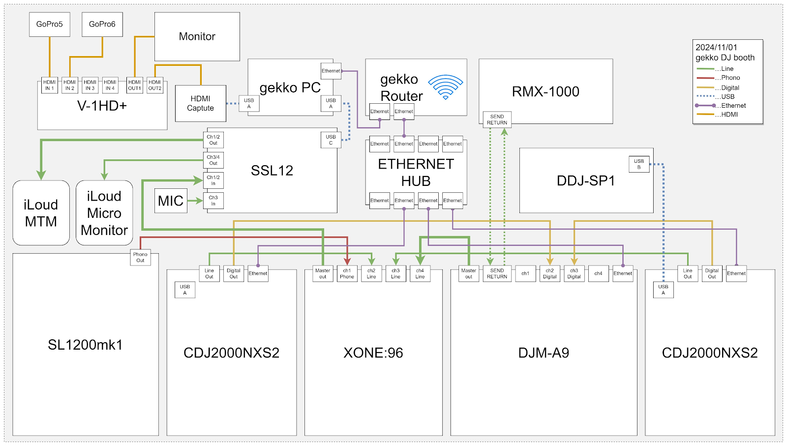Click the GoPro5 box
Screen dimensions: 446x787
click(x=49, y=24)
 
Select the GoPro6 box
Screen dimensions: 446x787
click(x=102, y=24)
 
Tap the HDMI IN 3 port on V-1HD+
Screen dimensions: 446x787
click(x=90, y=85)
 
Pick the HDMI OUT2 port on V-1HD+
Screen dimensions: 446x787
click(x=155, y=85)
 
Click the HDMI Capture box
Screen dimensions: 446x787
click(x=201, y=103)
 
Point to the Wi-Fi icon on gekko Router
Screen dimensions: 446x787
click(x=445, y=87)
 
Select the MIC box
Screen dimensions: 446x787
click(x=171, y=201)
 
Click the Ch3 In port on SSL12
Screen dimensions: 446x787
click(x=213, y=201)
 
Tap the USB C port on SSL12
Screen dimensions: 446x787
click(x=331, y=140)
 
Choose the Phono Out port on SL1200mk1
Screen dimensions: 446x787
click(x=140, y=258)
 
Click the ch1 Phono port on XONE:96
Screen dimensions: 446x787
click(x=347, y=274)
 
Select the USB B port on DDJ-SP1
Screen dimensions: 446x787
click(x=639, y=164)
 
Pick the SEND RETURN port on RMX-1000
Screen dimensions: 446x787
click(x=497, y=119)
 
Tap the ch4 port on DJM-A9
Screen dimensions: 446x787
click(x=598, y=274)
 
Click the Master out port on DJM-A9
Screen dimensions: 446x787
click(x=469, y=274)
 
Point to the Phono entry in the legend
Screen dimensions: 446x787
click(x=730, y=78)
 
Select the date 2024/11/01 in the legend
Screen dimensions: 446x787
click(x=716, y=47)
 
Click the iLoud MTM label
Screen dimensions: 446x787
click(x=41, y=213)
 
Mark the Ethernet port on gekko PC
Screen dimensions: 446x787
click(x=331, y=71)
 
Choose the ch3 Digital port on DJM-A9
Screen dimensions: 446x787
click(x=574, y=274)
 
